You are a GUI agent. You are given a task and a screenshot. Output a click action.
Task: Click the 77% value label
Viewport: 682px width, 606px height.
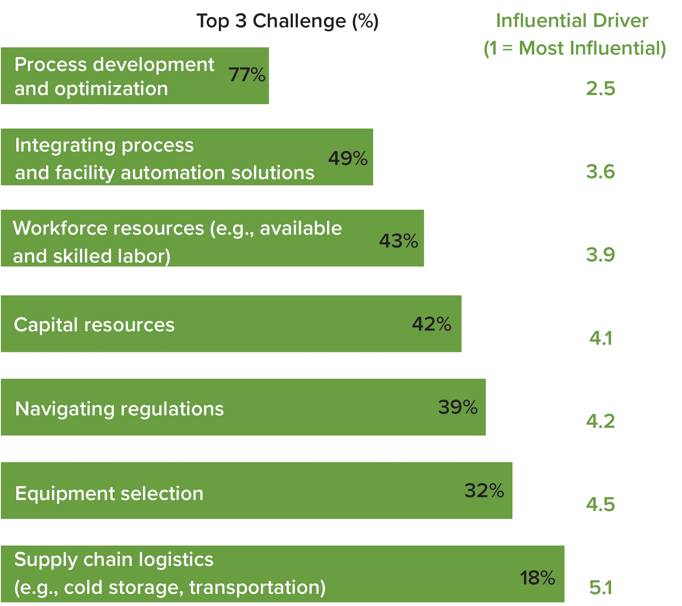click(x=247, y=75)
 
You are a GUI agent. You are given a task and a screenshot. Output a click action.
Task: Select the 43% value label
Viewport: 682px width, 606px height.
click(x=399, y=241)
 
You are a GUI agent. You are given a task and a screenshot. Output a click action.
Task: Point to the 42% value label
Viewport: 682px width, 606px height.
click(x=431, y=324)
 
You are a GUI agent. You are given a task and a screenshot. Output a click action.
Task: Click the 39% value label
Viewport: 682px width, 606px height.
click(x=458, y=407)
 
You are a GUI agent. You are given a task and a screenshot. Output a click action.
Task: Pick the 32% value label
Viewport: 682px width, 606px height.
click(x=484, y=491)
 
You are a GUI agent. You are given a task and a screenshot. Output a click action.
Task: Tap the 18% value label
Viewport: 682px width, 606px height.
click(x=537, y=578)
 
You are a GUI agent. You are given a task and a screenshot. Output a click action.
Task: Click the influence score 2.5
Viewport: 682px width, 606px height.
click(x=600, y=89)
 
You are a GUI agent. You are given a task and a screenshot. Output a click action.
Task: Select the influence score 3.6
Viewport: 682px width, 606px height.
click(x=600, y=172)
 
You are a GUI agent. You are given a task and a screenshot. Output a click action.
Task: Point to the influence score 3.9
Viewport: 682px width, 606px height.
click(x=600, y=255)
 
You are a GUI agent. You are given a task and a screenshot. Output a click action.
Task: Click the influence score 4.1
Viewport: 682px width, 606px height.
click(x=600, y=338)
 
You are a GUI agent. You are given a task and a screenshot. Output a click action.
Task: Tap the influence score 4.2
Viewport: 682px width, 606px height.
click(x=600, y=421)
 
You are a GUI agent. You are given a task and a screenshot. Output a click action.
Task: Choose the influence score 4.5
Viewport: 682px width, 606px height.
click(x=600, y=505)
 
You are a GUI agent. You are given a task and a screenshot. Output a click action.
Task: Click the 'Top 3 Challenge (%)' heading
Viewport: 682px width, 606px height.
click(x=287, y=21)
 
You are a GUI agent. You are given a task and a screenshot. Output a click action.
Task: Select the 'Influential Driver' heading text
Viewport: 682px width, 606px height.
click(x=572, y=21)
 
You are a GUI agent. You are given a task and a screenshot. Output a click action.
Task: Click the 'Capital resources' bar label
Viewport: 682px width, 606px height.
click(x=94, y=325)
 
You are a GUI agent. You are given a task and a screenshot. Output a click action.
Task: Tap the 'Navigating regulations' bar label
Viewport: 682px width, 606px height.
click(x=119, y=409)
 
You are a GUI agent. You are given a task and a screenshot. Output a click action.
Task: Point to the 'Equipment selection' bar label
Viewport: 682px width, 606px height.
click(x=109, y=493)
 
